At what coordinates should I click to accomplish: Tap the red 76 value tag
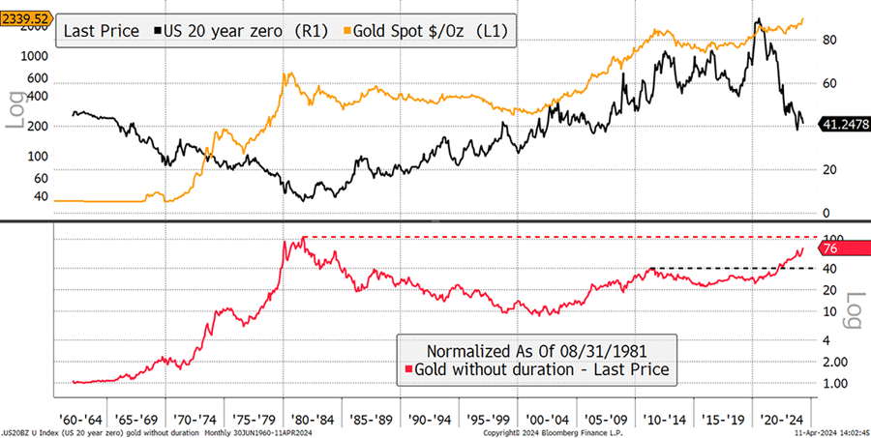point(834,248)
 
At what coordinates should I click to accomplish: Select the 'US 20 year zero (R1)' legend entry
point(236,31)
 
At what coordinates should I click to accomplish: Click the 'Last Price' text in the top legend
point(102,31)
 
